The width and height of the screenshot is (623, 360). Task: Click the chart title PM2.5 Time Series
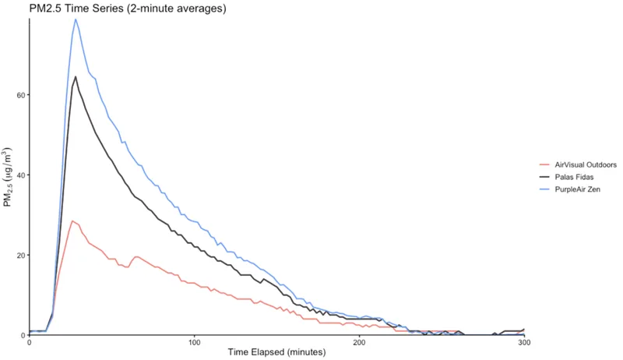pyautogui.click(x=117, y=9)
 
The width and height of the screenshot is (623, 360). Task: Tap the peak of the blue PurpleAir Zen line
pyautogui.click(x=76, y=19)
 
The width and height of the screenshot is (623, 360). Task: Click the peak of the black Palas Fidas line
pyautogui.click(x=76, y=76)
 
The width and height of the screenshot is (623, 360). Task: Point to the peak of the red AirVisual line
pyautogui.click(x=72, y=221)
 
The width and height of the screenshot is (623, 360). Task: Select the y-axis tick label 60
pyautogui.click(x=19, y=95)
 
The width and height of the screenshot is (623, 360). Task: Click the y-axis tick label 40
pyautogui.click(x=19, y=175)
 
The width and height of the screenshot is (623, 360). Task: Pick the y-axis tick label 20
pyautogui.click(x=19, y=255)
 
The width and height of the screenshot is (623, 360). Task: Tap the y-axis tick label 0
pyautogui.click(x=22, y=335)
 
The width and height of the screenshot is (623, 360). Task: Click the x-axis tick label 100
pyautogui.click(x=194, y=343)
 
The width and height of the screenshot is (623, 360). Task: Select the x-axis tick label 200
pyautogui.click(x=359, y=343)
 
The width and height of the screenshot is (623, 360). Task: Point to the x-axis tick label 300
pyautogui.click(x=524, y=343)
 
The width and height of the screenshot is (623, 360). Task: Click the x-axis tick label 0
pyautogui.click(x=29, y=343)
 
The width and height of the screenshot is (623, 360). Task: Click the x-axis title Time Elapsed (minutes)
pyautogui.click(x=276, y=353)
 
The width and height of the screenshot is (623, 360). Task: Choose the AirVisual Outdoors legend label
pyautogui.click(x=586, y=165)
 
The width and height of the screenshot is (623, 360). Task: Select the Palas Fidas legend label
pyautogui.click(x=575, y=178)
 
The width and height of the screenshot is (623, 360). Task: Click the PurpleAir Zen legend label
pyautogui.click(x=577, y=189)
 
